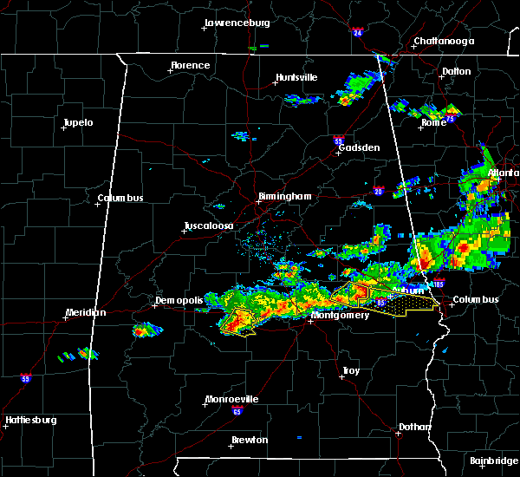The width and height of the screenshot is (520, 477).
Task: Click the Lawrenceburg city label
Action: coord(237,23)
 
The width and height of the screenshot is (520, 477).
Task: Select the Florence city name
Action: coord(190,65)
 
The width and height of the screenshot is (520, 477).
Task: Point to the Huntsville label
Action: coord(296,77)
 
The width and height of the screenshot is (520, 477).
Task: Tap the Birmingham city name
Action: coord(284,197)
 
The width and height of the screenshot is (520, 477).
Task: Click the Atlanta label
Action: coord(503,173)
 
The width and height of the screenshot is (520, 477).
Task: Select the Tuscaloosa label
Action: coord(208,226)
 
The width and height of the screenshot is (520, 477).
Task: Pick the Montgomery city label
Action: coord(341,315)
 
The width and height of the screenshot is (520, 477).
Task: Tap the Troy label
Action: coord(351,370)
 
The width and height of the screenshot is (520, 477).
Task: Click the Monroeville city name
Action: coord(231,399)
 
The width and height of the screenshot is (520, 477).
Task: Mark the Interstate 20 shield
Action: coord(379,192)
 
